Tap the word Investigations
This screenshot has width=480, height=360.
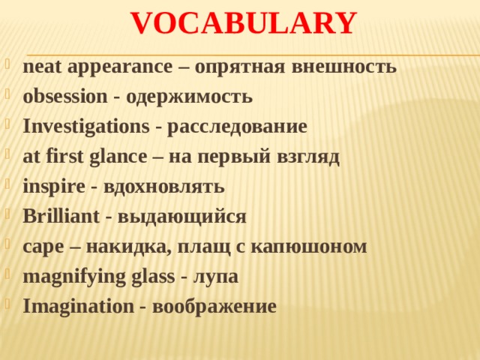click(85, 127)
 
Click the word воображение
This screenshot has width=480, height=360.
click(213, 307)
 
